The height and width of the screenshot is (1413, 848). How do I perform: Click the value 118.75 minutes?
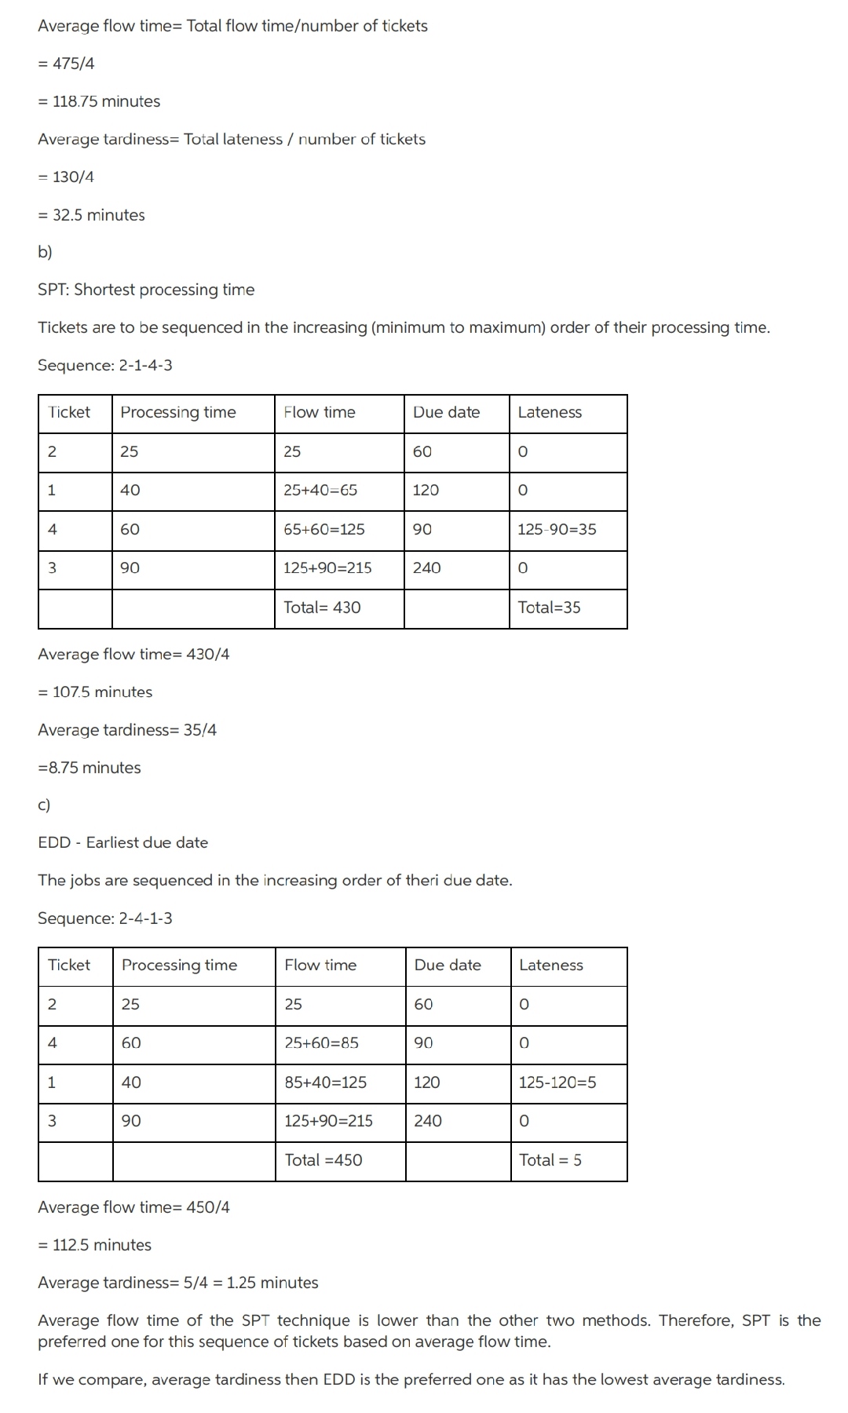pyautogui.click(x=99, y=101)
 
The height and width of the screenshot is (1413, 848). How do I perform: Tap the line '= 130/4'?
pyautogui.click(x=66, y=177)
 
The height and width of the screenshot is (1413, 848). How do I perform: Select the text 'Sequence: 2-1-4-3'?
pyautogui.click(x=105, y=365)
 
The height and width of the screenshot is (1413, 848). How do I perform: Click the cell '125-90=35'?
pyautogui.click(x=557, y=529)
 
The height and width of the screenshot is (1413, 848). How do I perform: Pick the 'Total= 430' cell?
pyautogui.click(x=322, y=607)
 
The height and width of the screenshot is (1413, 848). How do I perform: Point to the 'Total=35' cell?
pyautogui.click(x=549, y=607)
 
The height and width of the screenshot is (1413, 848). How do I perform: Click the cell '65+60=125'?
pyautogui.click(x=323, y=529)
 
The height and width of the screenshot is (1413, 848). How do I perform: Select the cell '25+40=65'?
pyautogui.click(x=320, y=490)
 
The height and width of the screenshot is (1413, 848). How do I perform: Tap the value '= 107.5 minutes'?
pyautogui.click(x=95, y=692)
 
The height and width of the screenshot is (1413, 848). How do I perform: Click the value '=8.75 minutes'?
pyautogui.click(x=90, y=767)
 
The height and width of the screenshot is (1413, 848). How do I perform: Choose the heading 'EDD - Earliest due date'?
pyautogui.click(x=123, y=842)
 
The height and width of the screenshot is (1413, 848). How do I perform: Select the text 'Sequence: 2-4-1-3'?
pyautogui.click(x=105, y=918)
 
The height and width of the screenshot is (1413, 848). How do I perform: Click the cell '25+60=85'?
pyautogui.click(x=321, y=1042)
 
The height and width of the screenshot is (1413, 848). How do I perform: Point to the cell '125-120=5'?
pyautogui.click(x=557, y=1082)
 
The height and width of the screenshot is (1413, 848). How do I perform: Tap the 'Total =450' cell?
pyautogui.click(x=323, y=1159)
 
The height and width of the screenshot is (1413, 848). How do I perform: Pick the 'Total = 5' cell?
pyautogui.click(x=550, y=1159)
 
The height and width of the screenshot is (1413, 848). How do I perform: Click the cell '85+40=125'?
pyautogui.click(x=325, y=1082)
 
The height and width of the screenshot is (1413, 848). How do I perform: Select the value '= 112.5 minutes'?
pyautogui.click(x=95, y=1244)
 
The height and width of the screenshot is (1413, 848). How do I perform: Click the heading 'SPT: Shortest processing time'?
pyautogui.click(x=146, y=290)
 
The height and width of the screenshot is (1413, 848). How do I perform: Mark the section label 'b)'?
pyautogui.click(x=45, y=252)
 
